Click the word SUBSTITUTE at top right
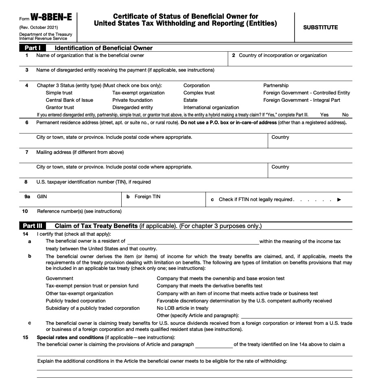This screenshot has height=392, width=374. tap(320, 27)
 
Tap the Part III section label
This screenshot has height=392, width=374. tap(35, 226)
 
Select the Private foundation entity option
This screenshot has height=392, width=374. tap(132, 100)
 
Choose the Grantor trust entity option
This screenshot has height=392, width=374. tap(60, 107)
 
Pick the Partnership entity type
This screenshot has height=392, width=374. tap(276, 85)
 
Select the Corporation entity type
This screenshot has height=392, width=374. tap(197, 85)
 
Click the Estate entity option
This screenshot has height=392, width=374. tap(190, 100)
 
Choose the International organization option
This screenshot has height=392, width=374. tap(211, 107)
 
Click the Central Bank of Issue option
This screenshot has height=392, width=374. tap(69, 100)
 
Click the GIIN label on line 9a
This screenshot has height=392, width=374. tap(42, 197)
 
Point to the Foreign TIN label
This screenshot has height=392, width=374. tap(147, 197)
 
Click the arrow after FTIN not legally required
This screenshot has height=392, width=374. tap(339, 199)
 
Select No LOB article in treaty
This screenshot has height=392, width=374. tap(182, 308)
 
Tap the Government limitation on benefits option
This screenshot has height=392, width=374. tap(59, 278)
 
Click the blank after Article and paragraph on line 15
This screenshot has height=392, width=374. tap(214, 345)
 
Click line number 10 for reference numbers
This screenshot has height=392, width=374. tap(25, 211)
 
